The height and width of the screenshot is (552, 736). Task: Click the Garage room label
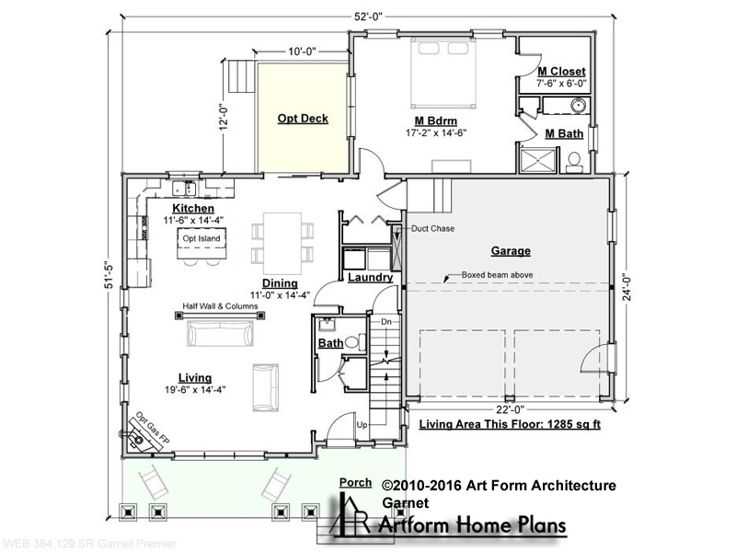pos(511,251)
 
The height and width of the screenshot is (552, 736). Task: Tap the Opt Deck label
pos(303,119)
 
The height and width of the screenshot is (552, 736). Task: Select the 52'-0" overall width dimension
pos(369,17)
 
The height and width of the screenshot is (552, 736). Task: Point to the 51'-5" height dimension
pos(109,274)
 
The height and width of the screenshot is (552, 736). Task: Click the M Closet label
pos(561,72)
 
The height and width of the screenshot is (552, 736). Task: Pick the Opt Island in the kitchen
pos(201,243)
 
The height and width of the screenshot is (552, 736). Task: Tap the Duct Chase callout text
pos(432,228)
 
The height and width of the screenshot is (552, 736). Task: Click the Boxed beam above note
pos(497,275)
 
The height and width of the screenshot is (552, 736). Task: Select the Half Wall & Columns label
pos(220,306)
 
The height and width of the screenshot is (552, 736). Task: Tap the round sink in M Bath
pos(579,106)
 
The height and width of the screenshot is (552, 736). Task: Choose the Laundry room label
pos(371,278)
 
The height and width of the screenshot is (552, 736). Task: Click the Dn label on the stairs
pos(385,322)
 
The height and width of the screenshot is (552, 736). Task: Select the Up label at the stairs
pos(362,425)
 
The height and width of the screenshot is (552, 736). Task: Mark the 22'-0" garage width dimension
pos(510,409)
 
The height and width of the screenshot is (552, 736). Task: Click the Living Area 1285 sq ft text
pos(510,424)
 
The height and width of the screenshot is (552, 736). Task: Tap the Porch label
pos(355,482)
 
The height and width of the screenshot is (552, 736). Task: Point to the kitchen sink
pos(184,189)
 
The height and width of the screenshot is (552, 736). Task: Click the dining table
pos(282,243)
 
